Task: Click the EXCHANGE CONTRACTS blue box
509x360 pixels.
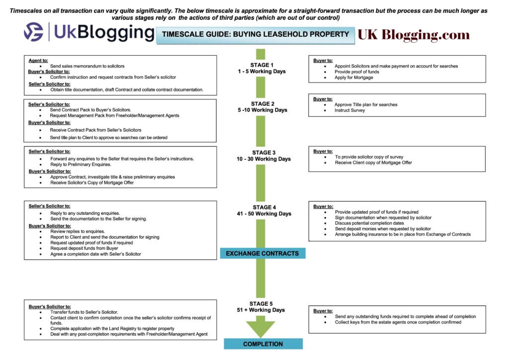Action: pos(262,253)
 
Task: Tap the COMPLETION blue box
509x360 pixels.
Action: pos(263,344)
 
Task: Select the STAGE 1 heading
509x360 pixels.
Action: pos(261,65)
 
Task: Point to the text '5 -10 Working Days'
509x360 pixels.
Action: pos(262,110)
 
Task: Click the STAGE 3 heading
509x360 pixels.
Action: pos(263,153)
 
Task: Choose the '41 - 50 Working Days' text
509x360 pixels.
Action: pos(264,214)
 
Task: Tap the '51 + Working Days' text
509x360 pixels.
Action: pos(260,310)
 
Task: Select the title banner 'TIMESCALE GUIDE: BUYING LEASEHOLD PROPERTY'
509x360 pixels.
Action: pos(255,35)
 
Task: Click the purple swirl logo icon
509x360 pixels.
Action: pos(33,32)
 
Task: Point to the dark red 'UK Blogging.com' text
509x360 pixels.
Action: pos(414,35)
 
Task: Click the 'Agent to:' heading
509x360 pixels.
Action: pos(38,60)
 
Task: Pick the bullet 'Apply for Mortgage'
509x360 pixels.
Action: pos(354,78)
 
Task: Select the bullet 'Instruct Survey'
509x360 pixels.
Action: pos(349,110)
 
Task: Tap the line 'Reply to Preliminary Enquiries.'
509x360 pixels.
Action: pos(81,165)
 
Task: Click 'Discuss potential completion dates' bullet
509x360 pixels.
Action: pos(369,223)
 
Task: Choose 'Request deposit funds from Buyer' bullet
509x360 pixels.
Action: pos(84,248)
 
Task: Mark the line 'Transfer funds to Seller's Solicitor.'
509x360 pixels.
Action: pos(84,312)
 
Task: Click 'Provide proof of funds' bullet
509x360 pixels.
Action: pos(357,72)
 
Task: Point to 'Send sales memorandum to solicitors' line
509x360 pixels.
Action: pos(87,66)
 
